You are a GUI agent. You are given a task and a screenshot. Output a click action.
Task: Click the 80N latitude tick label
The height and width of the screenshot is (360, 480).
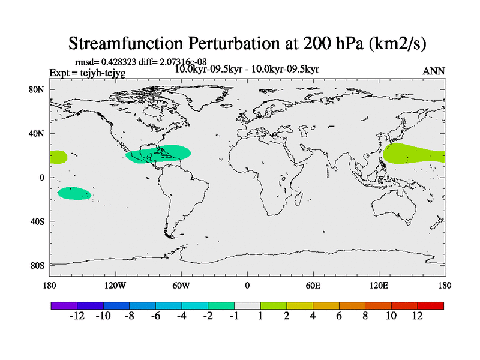(37, 89)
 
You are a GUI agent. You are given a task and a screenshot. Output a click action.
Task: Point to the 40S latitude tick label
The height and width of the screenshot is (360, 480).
(37, 221)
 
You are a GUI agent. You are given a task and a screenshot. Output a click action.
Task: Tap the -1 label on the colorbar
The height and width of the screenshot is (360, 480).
(234, 316)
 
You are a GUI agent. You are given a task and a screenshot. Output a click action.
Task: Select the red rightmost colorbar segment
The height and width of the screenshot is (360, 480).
(431, 305)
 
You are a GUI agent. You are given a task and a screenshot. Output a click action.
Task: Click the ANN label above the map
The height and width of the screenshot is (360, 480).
(434, 71)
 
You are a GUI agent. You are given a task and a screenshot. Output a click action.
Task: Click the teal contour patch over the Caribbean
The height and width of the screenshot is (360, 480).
(159, 154)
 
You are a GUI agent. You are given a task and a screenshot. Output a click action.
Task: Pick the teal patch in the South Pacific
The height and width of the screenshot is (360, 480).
(74, 193)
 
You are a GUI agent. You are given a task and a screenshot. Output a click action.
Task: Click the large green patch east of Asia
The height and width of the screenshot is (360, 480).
(414, 154)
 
